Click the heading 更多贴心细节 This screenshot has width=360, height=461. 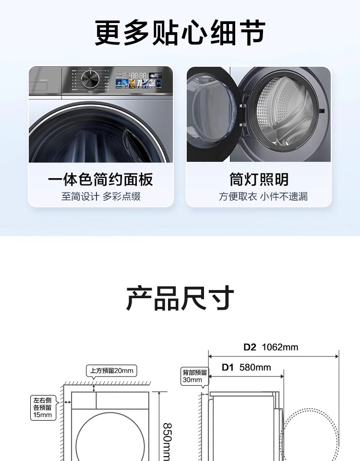180,33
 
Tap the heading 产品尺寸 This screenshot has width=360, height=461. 180,298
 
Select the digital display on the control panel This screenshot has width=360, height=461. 139,75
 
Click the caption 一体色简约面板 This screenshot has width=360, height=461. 100,180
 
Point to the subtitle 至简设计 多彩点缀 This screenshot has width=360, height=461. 100,196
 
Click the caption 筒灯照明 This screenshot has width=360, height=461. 259,180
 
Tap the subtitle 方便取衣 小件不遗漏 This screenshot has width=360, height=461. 263,196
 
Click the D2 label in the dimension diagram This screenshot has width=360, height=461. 250,347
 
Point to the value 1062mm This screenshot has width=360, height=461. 280,347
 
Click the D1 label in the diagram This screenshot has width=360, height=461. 228,368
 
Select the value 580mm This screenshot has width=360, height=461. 255,368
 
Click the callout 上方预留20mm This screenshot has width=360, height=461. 111,371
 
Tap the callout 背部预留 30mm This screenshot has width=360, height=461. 194,376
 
